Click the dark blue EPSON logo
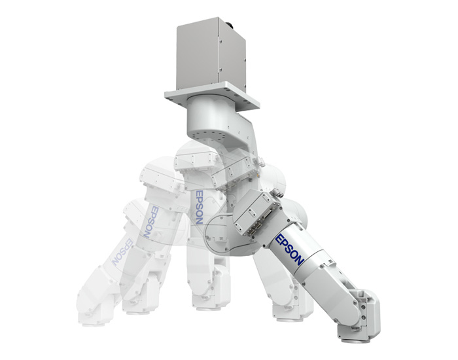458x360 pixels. click(291, 249)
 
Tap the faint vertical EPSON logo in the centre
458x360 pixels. click(199, 207)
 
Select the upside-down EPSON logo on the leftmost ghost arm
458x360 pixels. click(122, 251)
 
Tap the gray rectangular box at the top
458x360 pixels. click(211, 56)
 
